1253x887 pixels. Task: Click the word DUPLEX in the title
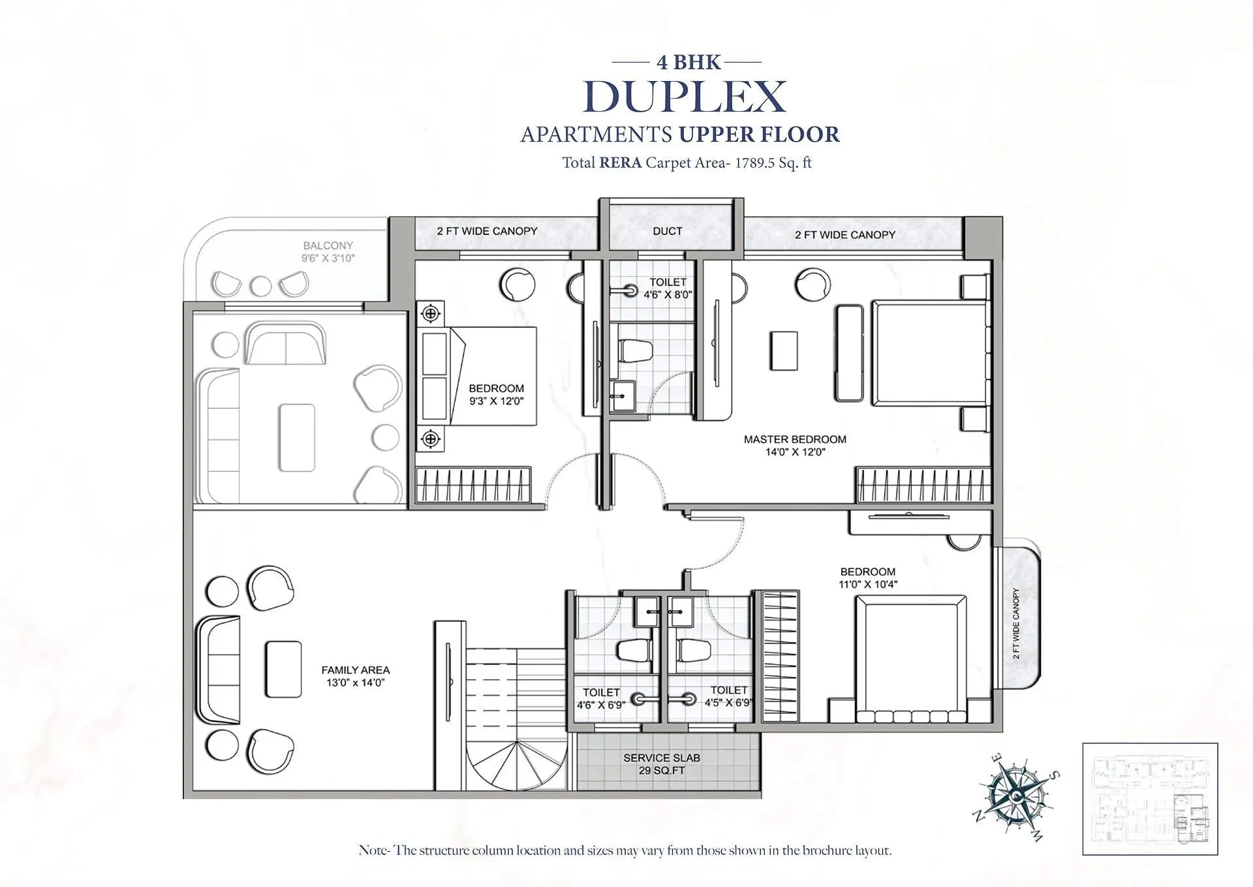click(685, 97)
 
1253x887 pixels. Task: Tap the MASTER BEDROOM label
click(795, 440)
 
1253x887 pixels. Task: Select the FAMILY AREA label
click(356, 670)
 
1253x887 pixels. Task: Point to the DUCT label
click(667, 231)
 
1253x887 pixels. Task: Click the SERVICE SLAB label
click(661, 758)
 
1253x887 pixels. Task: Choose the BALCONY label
click(328, 246)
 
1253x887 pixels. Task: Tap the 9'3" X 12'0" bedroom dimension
click(496, 401)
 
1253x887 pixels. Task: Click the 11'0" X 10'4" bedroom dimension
click(868, 585)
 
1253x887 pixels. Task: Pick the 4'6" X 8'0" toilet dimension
click(668, 295)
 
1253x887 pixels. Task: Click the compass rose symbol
click(1017, 795)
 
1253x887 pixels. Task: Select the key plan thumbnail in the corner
click(1150, 799)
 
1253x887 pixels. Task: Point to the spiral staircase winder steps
click(516, 765)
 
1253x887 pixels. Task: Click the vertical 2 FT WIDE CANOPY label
click(1016, 623)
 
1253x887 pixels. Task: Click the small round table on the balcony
click(261, 285)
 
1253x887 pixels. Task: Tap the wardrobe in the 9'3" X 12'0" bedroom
click(473, 485)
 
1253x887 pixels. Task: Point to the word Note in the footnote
click(373, 850)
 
